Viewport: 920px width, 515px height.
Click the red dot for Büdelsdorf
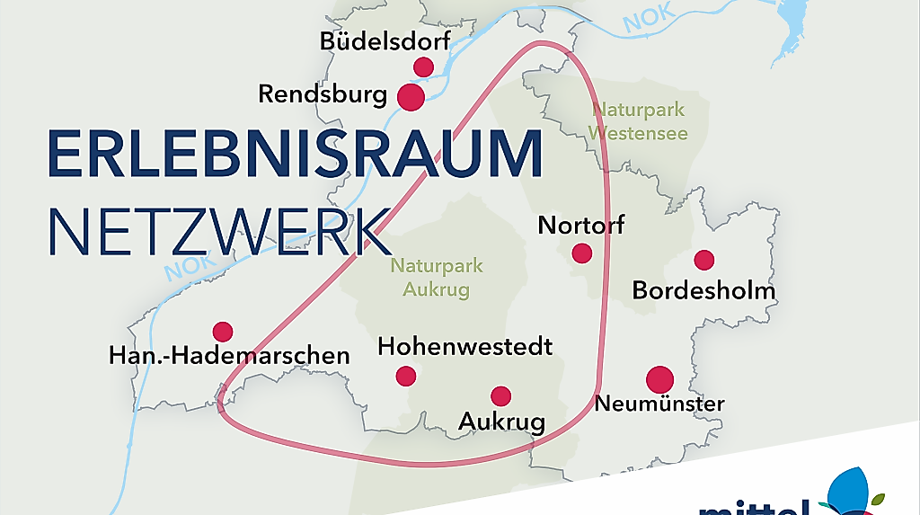coord(423,67)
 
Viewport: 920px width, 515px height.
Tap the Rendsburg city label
coord(323,93)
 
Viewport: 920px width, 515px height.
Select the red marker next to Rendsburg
coord(411,97)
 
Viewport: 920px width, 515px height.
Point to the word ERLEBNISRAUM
coord(295,155)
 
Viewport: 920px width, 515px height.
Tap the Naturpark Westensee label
coord(639,122)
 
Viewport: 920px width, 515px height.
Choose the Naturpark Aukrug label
coord(436,278)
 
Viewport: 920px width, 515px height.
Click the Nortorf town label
coord(580,225)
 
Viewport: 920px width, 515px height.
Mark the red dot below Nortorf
coord(582,253)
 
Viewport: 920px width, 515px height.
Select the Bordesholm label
coord(703,290)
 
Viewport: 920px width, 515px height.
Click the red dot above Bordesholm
coord(704,260)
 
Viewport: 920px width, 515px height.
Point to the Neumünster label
coord(659,404)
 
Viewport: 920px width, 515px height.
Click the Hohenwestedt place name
coord(464,346)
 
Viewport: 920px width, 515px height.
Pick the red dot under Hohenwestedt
coord(406,376)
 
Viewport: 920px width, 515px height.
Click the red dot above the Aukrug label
coord(500,395)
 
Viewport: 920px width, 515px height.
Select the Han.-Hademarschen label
coord(229,356)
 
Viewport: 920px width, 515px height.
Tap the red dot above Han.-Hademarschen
coord(223,332)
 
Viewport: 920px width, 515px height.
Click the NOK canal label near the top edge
coord(649,19)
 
